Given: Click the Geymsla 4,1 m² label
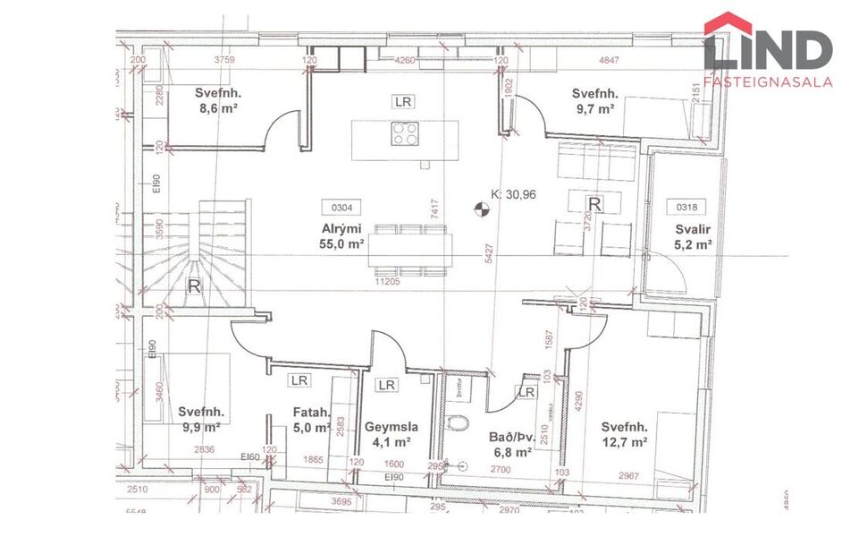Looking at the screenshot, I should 388,433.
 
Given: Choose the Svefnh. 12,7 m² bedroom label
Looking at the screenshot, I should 624,433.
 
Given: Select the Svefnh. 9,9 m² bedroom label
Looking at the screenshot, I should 200,419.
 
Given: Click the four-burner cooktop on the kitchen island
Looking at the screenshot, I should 404,134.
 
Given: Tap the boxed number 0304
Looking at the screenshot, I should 341,207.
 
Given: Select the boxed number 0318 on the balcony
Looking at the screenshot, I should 686,207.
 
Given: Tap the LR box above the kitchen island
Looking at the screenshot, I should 403,102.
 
